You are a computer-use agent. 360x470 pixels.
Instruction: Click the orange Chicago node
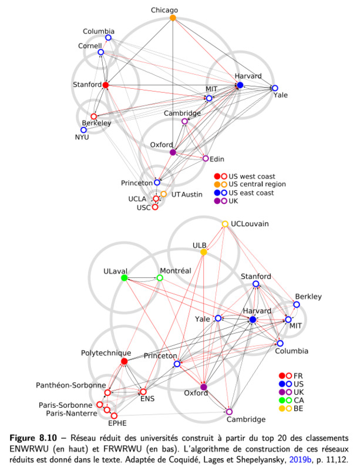tap(173, 18)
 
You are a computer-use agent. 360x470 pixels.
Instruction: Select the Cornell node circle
tap(100, 52)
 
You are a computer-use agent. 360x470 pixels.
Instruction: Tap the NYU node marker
tap(83, 130)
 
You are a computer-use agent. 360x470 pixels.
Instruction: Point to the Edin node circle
tap(206, 158)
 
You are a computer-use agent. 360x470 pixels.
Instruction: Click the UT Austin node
tap(163, 194)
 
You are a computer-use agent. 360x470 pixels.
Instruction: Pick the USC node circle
tap(155, 207)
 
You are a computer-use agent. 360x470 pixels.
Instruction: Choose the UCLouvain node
tap(225, 224)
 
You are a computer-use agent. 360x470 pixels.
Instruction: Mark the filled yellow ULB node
tap(204, 252)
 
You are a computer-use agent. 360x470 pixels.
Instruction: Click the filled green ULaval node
tap(124, 278)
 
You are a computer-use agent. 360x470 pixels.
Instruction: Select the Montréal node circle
tap(160, 278)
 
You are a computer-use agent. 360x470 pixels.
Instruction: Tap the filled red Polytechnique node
tap(124, 361)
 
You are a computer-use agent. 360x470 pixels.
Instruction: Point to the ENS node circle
tap(143, 392)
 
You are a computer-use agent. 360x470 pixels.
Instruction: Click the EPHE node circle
tap(114, 416)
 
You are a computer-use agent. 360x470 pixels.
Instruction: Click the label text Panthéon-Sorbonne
tap(71, 385)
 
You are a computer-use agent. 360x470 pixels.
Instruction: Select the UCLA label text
tap(137, 199)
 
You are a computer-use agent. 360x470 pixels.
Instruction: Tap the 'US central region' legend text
tap(257, 184)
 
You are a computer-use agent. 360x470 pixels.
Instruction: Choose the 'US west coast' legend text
tap(252, 176)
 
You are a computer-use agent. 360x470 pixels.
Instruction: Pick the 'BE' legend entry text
tap(298, 408)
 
